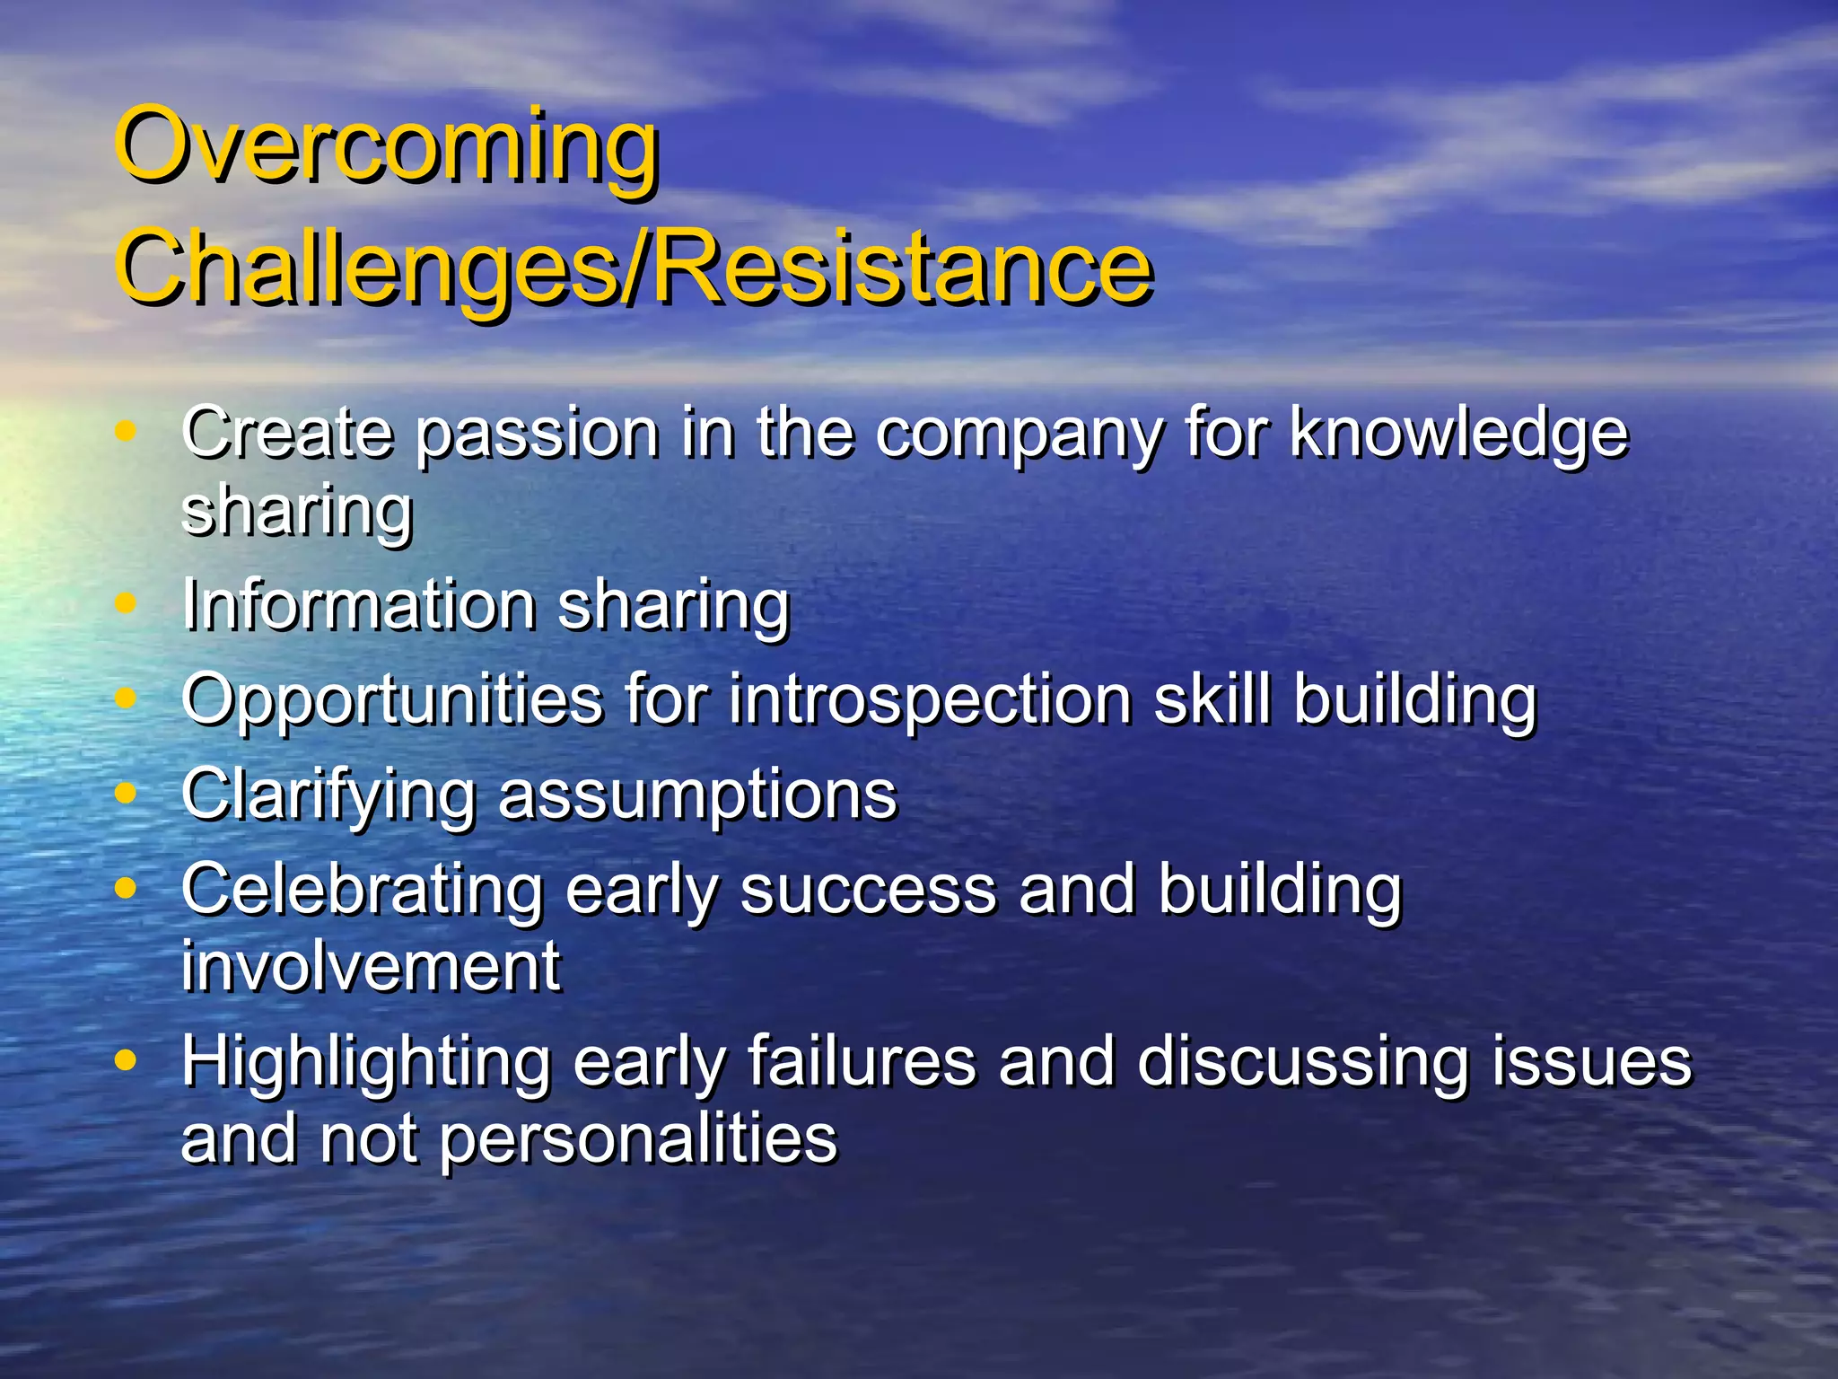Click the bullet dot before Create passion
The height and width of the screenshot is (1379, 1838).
(x=126, y=431)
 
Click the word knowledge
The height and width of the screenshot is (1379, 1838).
(x=1458, y=435)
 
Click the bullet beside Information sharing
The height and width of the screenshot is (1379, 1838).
(x=126, y=604)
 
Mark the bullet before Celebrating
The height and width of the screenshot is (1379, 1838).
(x=126, y=888)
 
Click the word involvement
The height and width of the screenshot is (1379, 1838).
(x=371, y=967)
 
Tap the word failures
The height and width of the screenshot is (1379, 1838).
(x=862, y=1061)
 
